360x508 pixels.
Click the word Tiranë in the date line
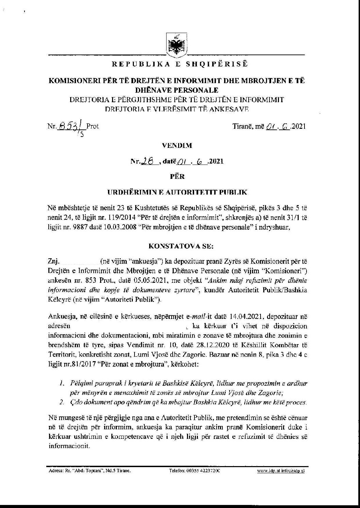pos(242,126)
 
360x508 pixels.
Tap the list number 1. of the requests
pos(61,383)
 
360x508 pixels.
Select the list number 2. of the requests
pos(61,402)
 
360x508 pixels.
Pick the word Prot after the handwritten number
pos(92,126)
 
